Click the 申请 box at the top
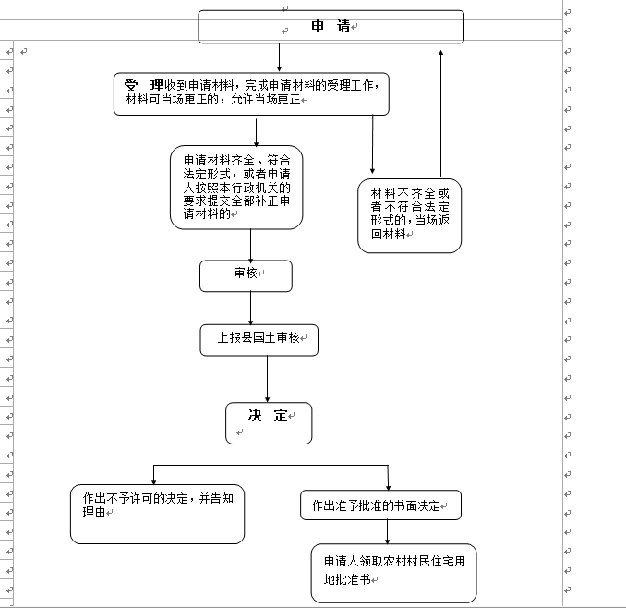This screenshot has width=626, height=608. pos(331,27)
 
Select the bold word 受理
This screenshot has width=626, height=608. pos(144,85)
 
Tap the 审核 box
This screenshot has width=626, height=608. pos(246,275)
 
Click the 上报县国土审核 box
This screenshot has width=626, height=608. pos(259,339)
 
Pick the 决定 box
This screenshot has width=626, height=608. pos(269,422)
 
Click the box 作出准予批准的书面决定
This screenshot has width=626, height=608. pos(380,505)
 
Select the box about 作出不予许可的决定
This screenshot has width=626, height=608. pos(157,513)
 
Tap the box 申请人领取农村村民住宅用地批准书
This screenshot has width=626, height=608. pos(393,572)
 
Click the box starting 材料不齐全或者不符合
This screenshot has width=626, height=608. pos(409,215)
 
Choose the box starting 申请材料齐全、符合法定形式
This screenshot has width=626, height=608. pos(236,187)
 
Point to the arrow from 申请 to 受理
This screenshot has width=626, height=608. pos(279,57)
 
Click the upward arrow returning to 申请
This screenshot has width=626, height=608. pos(440,111)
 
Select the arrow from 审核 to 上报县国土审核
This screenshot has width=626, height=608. pos(252,308)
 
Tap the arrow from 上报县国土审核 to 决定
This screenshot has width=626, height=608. pos(268,378)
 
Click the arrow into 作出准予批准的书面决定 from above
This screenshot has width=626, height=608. pos(388,477)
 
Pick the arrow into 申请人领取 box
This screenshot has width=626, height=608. pos(388,531)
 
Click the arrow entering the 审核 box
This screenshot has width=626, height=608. pos(251,245)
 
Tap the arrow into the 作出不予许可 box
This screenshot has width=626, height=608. pos(152,474)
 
